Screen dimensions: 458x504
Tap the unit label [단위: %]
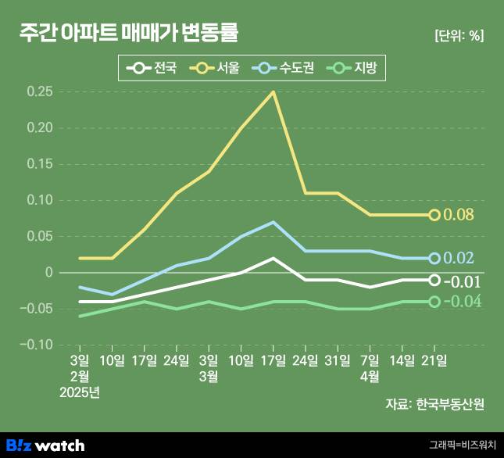point(459,35)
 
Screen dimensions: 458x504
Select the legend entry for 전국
point(152,69)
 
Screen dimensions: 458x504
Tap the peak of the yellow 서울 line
point(273,91)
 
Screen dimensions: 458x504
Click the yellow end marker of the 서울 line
point(434,215)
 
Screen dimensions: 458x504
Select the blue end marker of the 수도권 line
point(434,258)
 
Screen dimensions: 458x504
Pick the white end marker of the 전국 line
point(434,280)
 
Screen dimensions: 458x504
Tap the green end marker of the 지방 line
point(434,302)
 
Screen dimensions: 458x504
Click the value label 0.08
point(459,215)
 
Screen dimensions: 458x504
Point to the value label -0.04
point(463,302)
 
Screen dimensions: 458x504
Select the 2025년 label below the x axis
point(80,392)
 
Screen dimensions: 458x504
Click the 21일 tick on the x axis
point(434,360)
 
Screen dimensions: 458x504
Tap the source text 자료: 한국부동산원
point(434,404)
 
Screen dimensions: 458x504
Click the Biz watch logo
point(45,445)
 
